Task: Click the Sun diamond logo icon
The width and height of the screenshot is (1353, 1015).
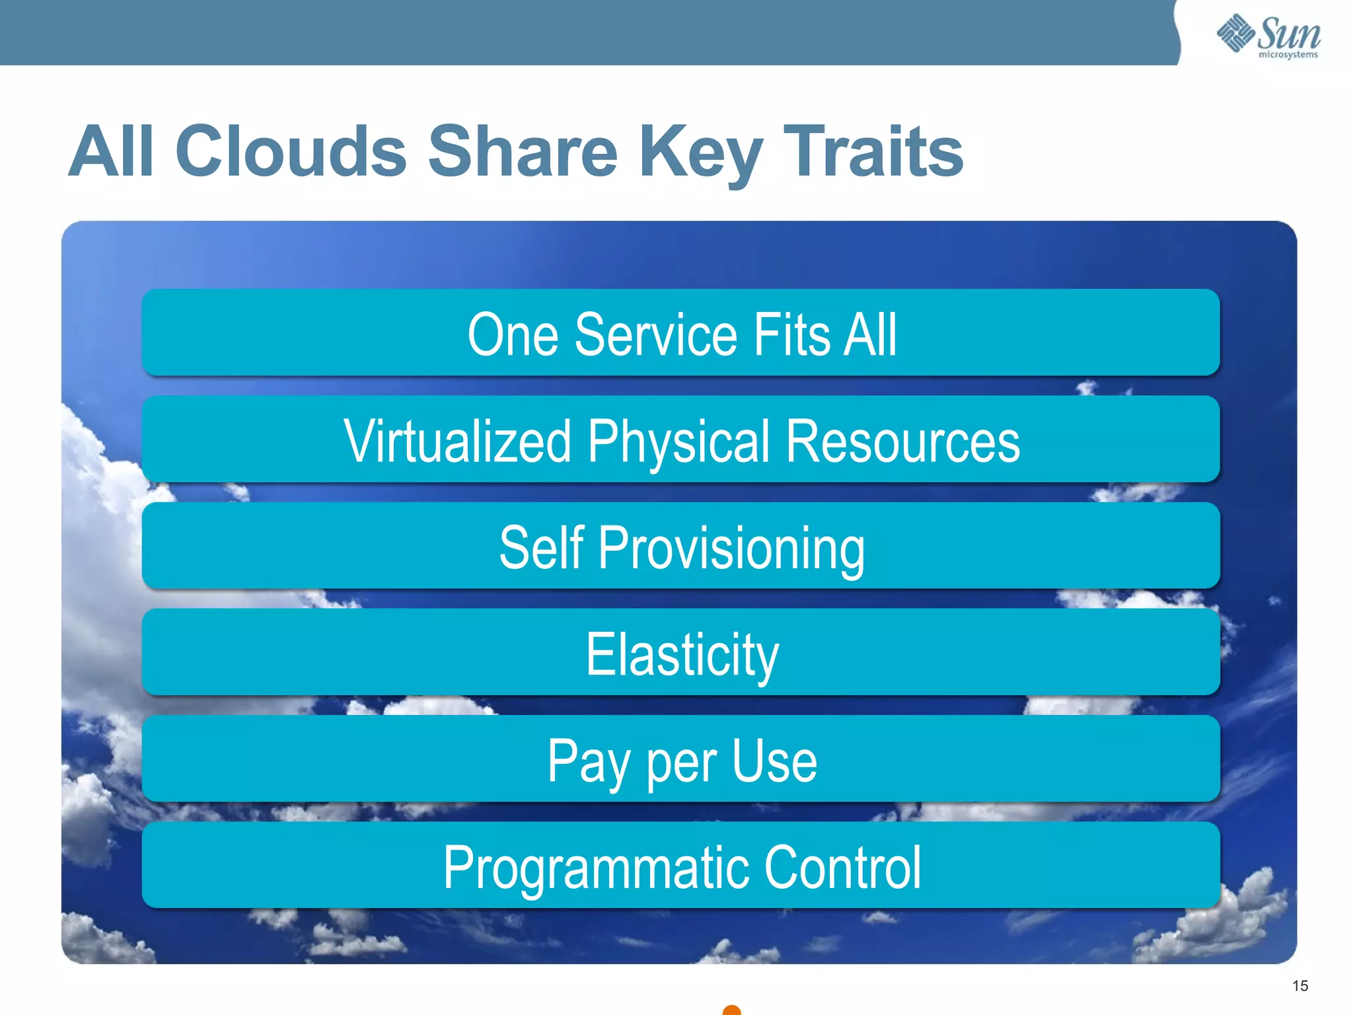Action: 1235,33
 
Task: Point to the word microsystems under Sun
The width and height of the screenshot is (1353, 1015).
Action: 1288,55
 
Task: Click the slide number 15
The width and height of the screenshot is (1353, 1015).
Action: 1300,986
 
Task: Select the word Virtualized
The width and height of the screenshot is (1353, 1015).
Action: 457,441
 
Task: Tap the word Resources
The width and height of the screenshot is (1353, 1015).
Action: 902,441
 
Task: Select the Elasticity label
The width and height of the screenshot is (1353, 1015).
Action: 682,656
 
